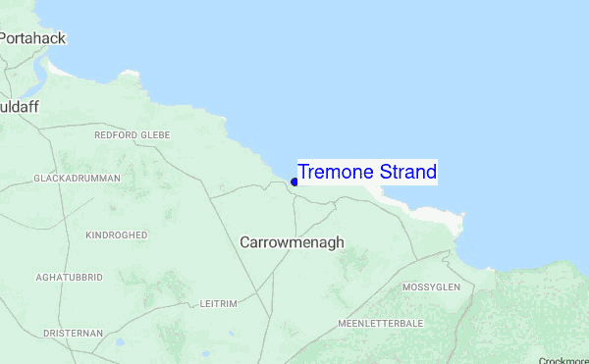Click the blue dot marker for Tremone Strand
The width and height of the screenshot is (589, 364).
click(x=294, y=182)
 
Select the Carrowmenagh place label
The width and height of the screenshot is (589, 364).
click(x=292, y=241)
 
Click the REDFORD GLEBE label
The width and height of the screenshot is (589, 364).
click(x=132, y=135)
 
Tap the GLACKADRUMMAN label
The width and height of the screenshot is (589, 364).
click(x=77, y=179)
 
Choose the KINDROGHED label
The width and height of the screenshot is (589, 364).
click(x=116, y=235)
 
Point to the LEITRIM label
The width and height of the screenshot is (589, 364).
click(x=218, y=304)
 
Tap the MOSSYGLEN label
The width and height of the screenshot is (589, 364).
click(x=431, y=287)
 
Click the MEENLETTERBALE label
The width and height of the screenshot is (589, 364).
click(x=380, y=323)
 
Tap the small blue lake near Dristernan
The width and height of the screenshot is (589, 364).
click(x=120, y=342)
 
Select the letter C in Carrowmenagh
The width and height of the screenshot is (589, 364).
click(x=245, y=241)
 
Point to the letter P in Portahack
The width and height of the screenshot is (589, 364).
click(x=4, y=38)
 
